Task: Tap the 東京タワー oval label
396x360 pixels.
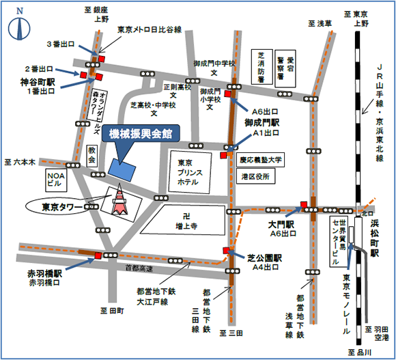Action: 58,206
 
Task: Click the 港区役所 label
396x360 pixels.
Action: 255,176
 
